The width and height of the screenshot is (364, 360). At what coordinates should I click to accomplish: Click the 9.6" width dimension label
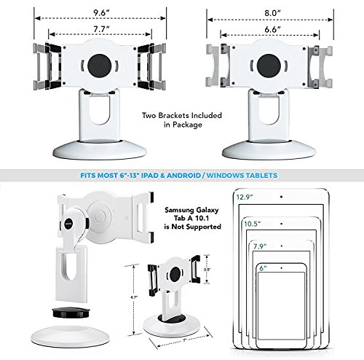tap(90, 12)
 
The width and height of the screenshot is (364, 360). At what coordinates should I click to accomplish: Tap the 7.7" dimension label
tap(90, 30)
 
